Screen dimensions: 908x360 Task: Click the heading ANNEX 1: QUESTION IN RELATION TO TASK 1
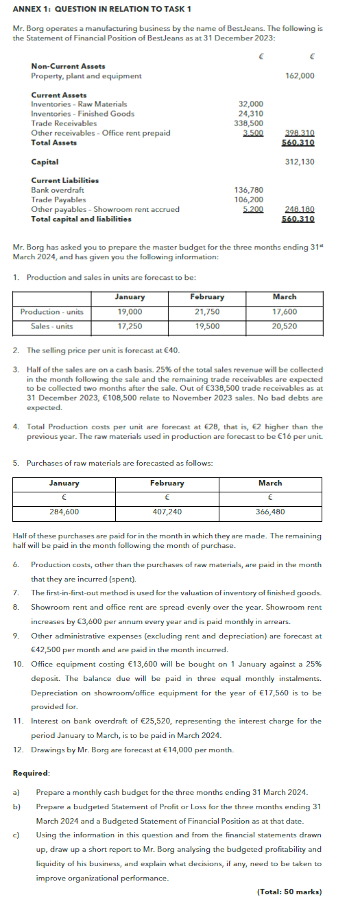pos(101,8)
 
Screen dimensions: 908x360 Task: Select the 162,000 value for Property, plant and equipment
pos(300,76)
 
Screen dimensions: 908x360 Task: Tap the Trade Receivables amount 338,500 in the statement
pos(250,123)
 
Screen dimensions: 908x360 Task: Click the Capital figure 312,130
pos(300,162)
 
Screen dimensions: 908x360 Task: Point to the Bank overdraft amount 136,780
pos(250,190)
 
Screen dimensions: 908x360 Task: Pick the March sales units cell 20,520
pos(284,326)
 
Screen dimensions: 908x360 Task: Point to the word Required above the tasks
pos(31,773)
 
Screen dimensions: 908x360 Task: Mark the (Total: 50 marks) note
pos(289,892)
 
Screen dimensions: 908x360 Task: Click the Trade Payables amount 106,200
pos(250,200)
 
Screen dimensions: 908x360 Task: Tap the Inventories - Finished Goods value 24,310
pos(250,114)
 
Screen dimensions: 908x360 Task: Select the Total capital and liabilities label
pos(81,219)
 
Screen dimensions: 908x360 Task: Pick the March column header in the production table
pos(284,297)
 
